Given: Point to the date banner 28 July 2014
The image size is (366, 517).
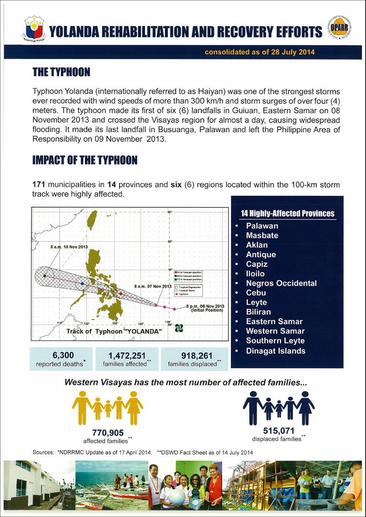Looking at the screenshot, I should [260, 52].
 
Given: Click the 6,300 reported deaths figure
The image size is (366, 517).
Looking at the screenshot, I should [61, 355].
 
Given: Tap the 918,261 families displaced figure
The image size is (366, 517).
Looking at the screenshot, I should [194, 355].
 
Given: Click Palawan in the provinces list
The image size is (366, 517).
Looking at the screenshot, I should [262, 226].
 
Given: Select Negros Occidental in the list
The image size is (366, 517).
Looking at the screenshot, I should [281, 283].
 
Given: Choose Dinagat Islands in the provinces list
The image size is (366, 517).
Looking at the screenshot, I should [276, 351].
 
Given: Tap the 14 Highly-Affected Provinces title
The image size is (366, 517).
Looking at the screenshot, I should [288, 213].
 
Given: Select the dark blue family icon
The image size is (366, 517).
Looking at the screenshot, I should [279, 407].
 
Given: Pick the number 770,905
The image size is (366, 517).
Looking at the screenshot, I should [107, 432].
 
